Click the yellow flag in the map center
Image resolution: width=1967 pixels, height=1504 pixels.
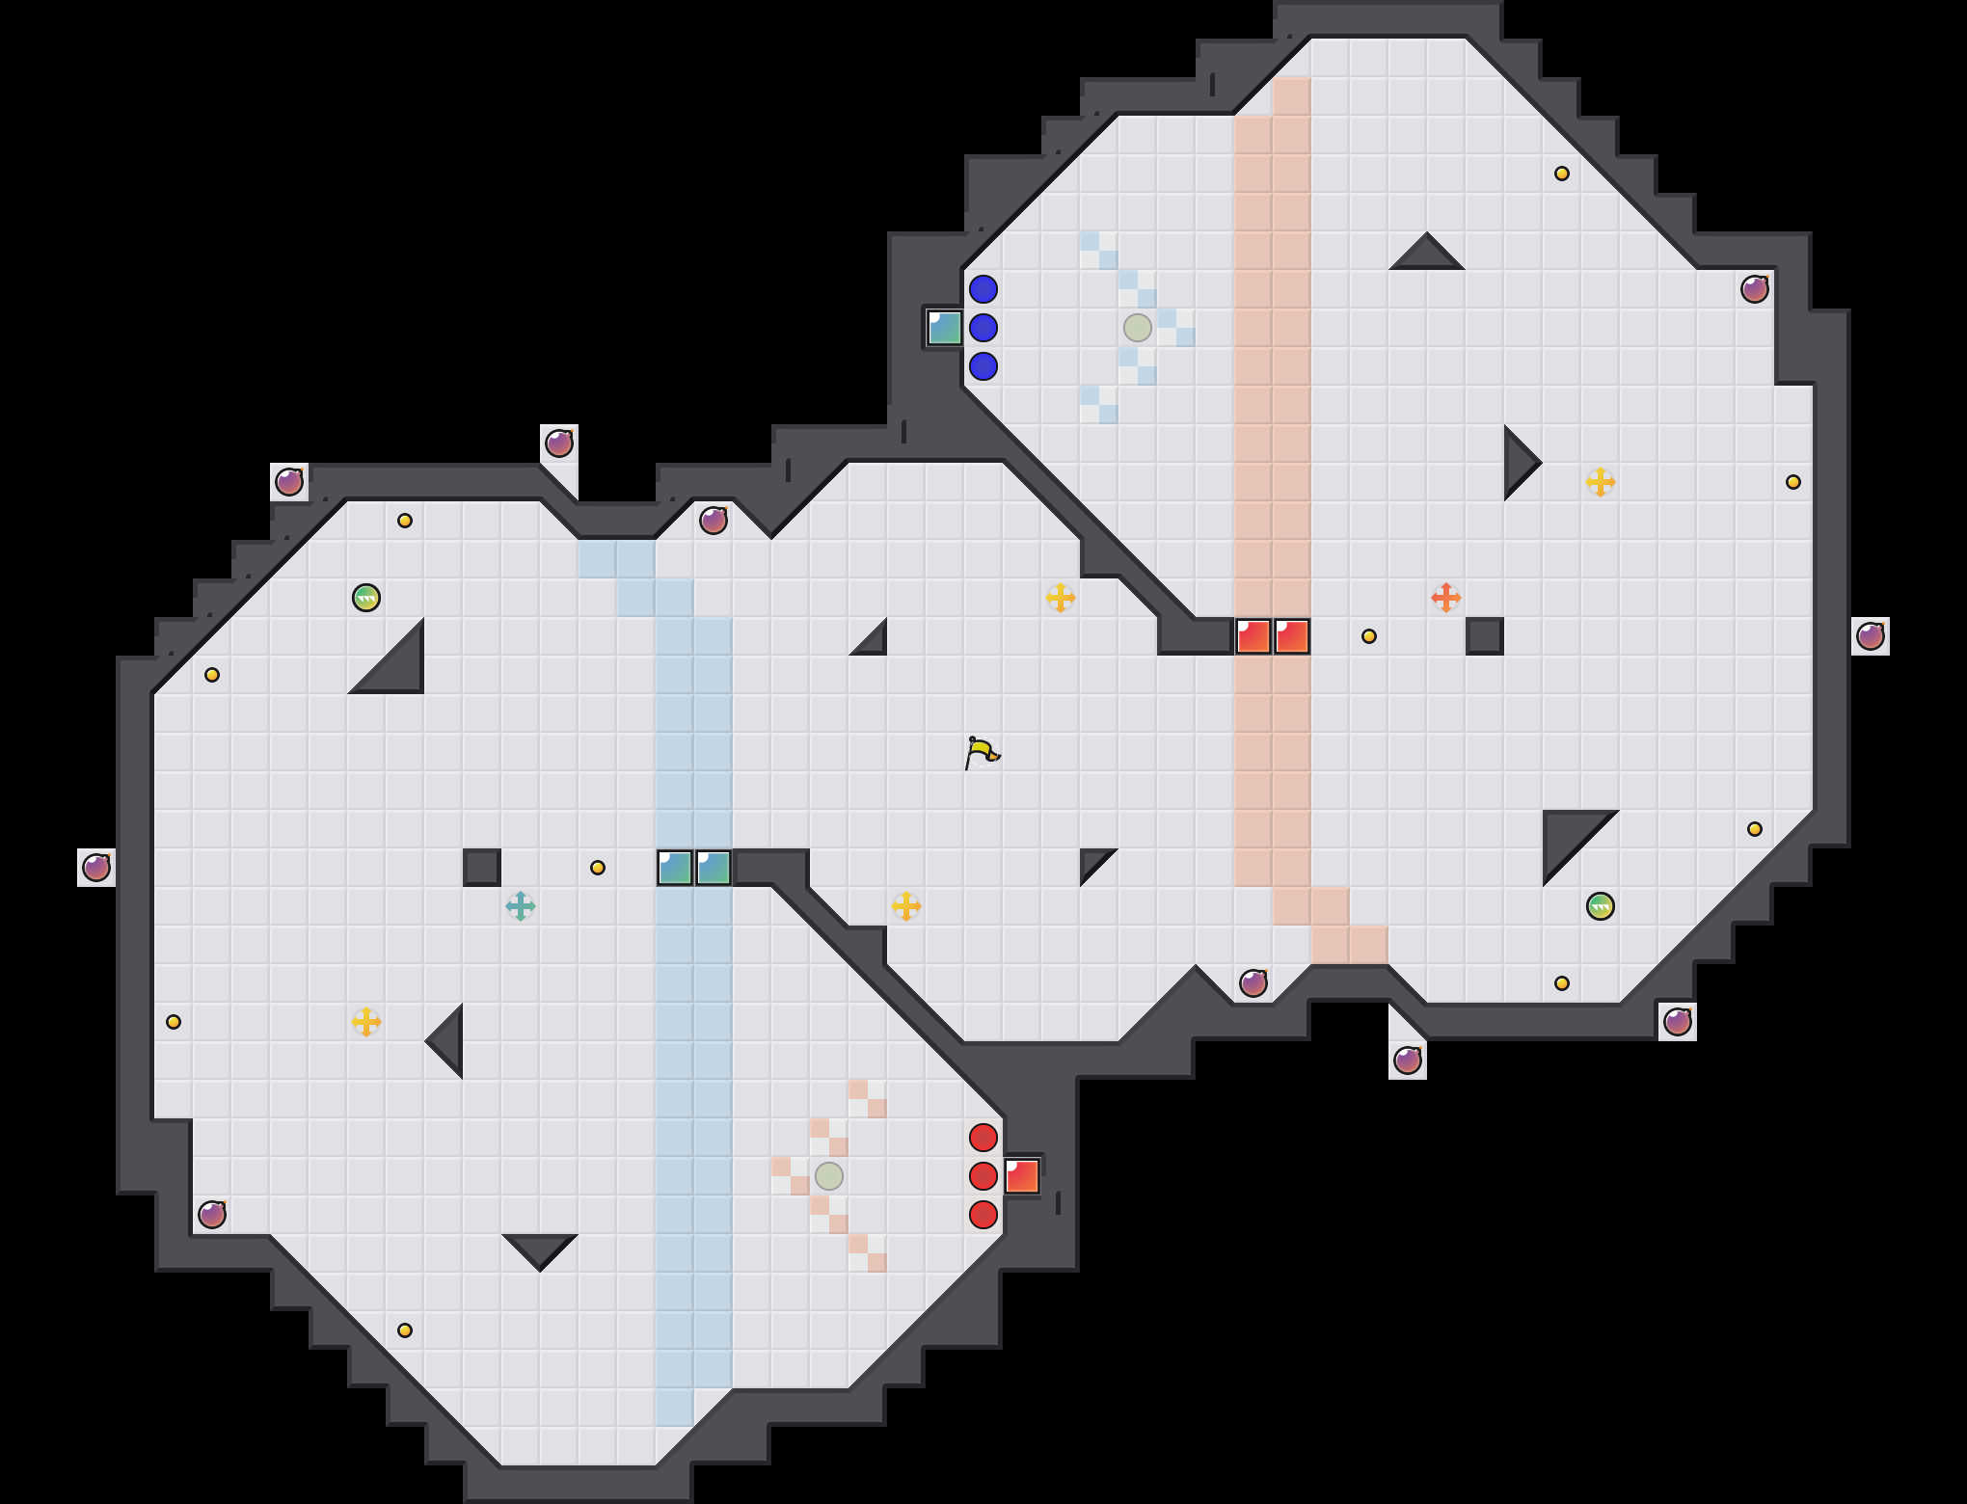click(981, 752)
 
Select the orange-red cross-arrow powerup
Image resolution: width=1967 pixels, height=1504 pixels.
click(1445, 598)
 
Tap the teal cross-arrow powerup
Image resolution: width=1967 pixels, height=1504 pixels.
click(521, 906)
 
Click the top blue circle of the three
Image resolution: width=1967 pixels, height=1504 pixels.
click(983, 289)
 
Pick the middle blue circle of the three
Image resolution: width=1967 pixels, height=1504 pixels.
click(983, 328)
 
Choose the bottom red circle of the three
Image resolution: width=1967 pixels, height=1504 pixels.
click(983, 1215)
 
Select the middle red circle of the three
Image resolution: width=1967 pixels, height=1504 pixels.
click(983, 1176)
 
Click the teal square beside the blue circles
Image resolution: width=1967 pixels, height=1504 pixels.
click(945, 328)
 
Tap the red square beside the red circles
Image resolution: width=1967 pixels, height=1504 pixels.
click(1022, 1176)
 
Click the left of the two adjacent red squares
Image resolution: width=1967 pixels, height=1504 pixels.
click(1253, 636)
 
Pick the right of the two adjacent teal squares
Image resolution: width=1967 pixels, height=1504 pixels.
click(714, 868)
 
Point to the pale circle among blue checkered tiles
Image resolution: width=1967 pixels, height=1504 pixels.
click(1138, 328)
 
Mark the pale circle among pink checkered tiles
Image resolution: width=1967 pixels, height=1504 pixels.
click(829, 1176)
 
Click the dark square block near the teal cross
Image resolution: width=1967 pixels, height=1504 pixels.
click(482, 868)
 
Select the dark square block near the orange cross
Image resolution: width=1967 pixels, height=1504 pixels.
click(1485, 636)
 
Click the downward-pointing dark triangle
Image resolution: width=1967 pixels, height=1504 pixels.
click(540, 1249)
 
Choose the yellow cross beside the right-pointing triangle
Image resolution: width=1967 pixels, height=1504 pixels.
click(1601, 482)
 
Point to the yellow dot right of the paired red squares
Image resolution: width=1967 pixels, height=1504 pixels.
click(1369, 636)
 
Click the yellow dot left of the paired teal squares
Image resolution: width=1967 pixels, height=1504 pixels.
click(598, 868)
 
